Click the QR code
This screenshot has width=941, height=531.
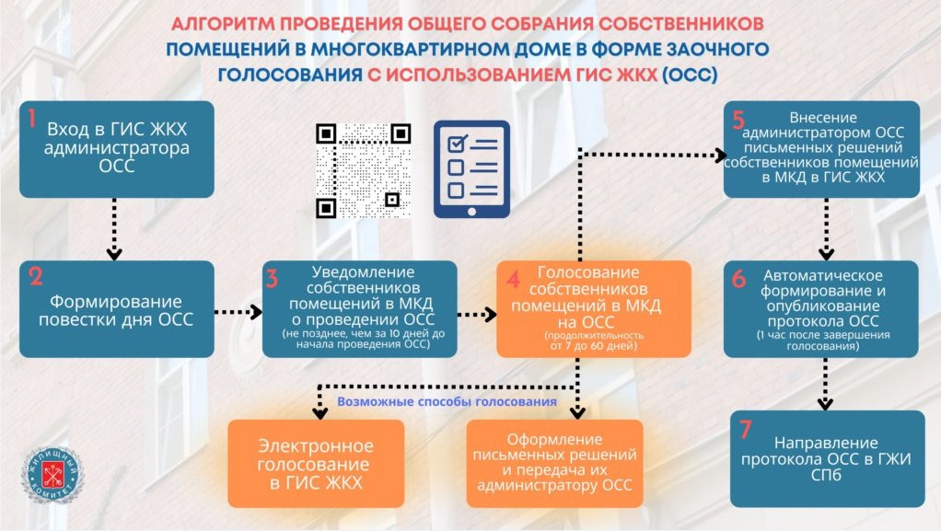pos(363,170)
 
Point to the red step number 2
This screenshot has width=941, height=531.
pos(36,277)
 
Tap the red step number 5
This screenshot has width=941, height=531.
pos(738,121)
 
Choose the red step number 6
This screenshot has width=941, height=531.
pos(739,279)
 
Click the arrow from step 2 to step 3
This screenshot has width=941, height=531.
pos(238,313)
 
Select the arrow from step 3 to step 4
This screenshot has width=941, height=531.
pos(477,314)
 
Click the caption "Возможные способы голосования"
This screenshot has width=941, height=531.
pos(447,402)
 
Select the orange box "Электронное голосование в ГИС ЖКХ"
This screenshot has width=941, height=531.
pos(316,464)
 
